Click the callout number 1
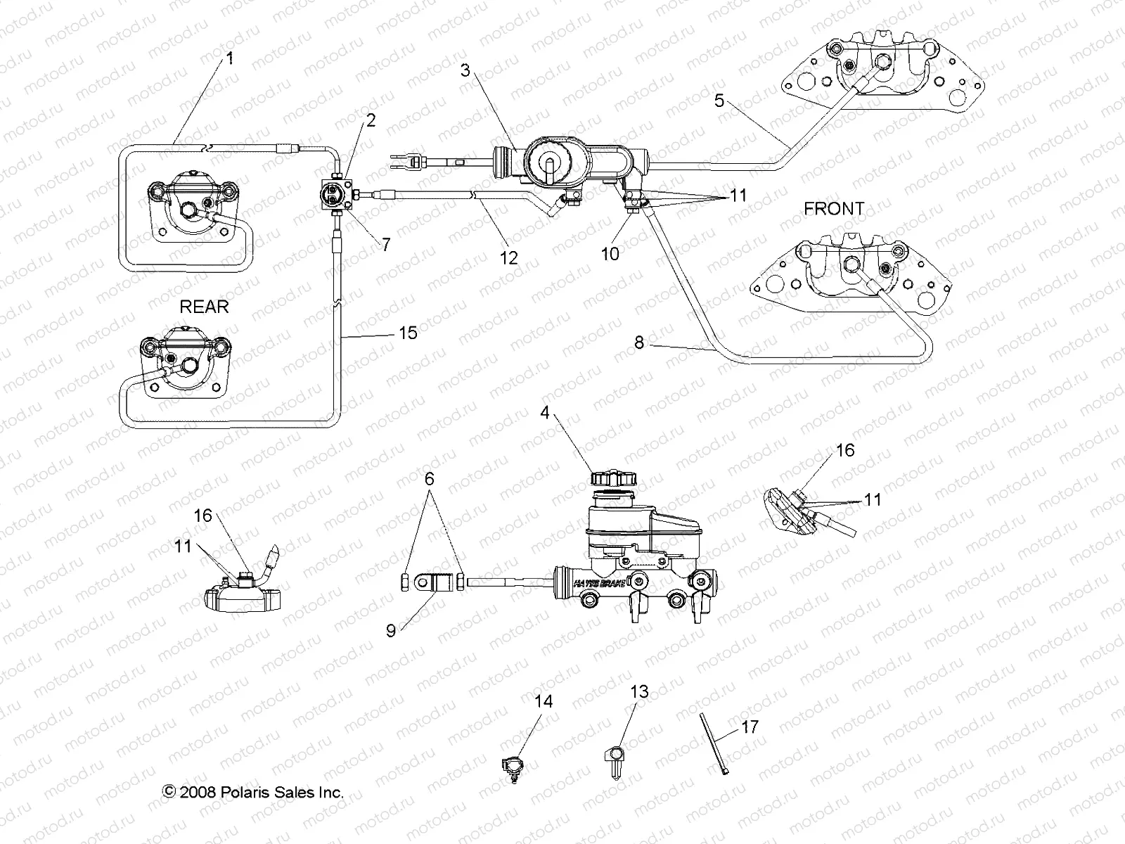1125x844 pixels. [229, 59]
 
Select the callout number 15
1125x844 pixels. [408, 332]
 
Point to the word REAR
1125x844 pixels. [204, 307]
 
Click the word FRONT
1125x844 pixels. [834, 209]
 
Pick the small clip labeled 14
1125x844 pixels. [513, 765]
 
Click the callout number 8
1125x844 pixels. [638, 343]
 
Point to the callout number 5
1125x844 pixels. [719, 101]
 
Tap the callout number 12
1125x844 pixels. [508, 257]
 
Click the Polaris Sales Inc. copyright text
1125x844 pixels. [253, 792]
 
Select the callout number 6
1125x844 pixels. [429, 480]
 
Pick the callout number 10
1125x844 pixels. [610, 253]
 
